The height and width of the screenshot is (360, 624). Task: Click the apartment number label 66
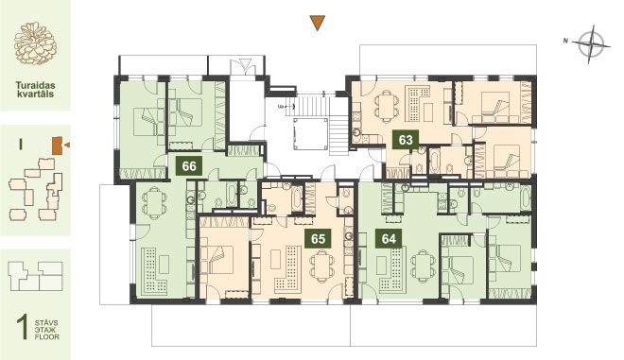(189, 165)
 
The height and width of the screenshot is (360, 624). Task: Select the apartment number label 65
(318, 239)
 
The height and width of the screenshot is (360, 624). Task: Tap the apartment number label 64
(389, 239)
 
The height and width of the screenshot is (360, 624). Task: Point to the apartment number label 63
(406, 140)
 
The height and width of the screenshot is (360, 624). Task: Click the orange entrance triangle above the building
(318, 23)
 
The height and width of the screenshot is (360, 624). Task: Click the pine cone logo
(35, 43)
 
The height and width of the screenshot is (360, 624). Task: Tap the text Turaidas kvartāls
(35, 90)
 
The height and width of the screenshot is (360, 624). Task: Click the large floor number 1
(23, 327)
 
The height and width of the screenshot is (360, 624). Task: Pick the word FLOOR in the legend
(46, 337)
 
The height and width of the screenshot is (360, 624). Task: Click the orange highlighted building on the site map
(57, 146)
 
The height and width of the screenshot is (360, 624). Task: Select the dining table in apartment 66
(153, 203)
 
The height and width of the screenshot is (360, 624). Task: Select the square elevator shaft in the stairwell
(310, 133)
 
